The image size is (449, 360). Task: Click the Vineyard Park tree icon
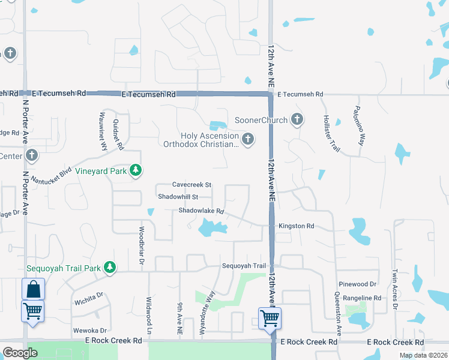coord(136,171)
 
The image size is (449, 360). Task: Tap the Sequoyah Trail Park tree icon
coord(109,267)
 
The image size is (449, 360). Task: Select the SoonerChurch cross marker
coord(296,119)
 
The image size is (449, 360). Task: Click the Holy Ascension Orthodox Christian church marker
coord(247,140)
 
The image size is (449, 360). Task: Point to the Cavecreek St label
coord(192,185)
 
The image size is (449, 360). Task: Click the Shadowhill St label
coord(184,197)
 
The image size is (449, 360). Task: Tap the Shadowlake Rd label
coord(201,211)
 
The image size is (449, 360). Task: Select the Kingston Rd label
coord(296,226)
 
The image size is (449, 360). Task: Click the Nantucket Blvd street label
coord(52,175)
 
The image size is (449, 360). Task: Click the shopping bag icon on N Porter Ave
coord(33,289)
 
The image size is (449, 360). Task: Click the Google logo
coord(20,353)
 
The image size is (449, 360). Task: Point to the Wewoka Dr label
coord(90,330)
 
